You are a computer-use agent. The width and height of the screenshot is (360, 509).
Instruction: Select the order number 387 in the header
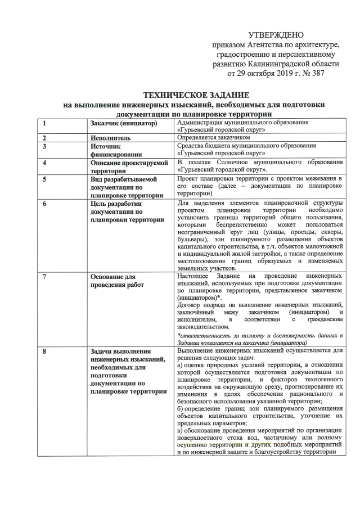(317, 73)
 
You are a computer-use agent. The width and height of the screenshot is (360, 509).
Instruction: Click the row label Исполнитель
(110, 137)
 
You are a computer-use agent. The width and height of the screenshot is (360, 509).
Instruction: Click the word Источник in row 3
(105, 145)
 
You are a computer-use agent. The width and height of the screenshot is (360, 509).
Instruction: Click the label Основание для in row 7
(114, 277)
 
